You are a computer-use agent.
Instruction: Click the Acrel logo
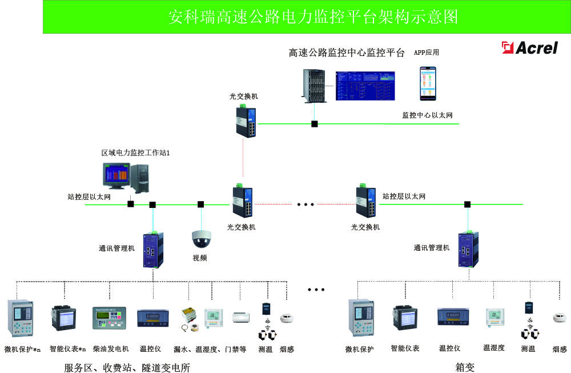529,48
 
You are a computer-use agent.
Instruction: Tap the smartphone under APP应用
428,83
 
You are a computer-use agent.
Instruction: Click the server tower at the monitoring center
313,85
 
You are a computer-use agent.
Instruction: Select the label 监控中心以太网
427,115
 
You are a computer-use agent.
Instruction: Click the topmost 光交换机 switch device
246,121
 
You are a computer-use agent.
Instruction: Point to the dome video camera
201,239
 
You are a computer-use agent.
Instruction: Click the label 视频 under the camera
200,258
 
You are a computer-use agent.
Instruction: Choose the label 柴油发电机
111,349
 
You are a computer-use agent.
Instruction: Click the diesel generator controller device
110,318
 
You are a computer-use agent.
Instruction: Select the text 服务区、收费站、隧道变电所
127,368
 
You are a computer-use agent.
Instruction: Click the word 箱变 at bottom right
465,367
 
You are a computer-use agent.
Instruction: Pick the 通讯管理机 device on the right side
468,250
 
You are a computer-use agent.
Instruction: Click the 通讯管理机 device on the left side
153,250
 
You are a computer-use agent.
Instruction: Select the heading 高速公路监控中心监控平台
347,53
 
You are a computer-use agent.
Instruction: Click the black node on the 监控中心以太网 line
314,123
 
